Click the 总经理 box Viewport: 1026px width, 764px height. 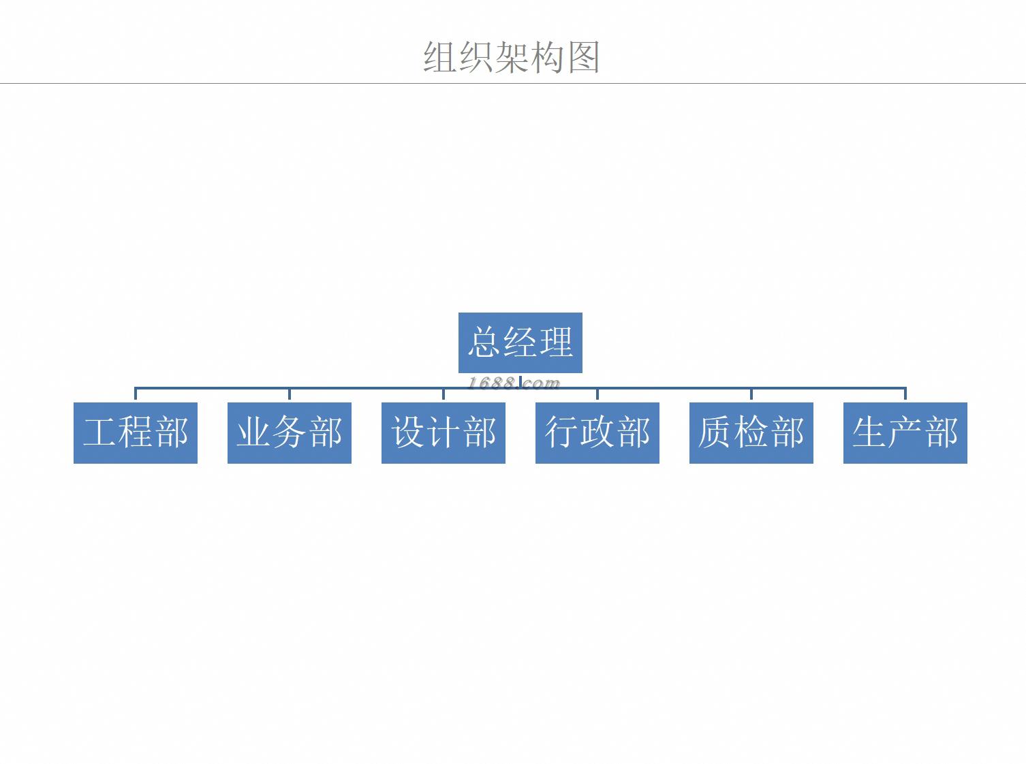pos(520,343)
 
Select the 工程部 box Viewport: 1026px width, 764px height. pos(136,433)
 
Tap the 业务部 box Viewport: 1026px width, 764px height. pos(290,433)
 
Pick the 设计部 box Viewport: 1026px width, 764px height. pos(444,433)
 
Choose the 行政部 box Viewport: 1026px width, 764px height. pos(597,433)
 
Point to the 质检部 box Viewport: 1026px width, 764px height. pos(751,433)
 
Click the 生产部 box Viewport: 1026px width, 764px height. pos(905,433)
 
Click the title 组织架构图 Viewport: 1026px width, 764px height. pos(512,57)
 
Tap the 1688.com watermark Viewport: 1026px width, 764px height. pos(513,383)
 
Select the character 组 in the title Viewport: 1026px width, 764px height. pos(440,57)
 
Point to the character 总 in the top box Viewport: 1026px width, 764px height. pos(484,343)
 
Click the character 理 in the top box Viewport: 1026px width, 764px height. pos(556,343)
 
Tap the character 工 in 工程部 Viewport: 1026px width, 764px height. pos(100,433)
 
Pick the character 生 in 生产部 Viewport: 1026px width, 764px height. pos(870,433)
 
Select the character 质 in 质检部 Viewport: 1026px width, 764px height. pos(715,433)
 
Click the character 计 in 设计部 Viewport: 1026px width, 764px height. pos(444,433)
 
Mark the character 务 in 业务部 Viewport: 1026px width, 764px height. pos(290,433)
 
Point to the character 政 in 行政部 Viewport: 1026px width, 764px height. pos(597,433)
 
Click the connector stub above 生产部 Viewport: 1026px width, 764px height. pos(905,394)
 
